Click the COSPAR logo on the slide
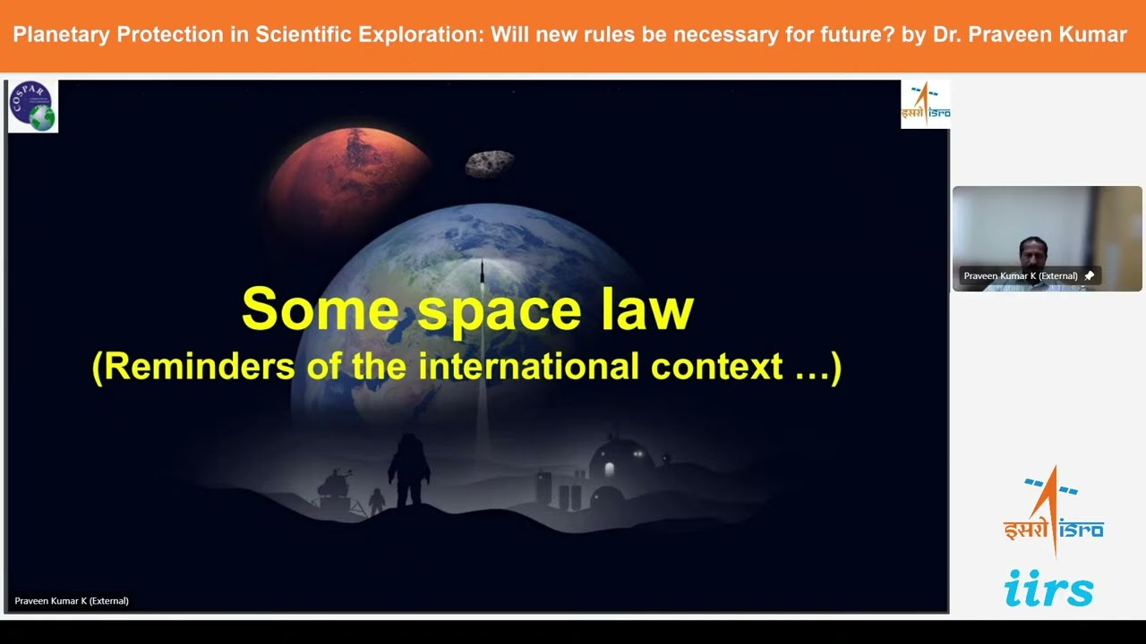click(x=33, y=106)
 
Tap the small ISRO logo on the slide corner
click(x=925, y=105)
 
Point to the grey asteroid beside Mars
click(x=490, y=164)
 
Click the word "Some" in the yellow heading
click(x=320, y=309)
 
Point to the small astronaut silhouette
click(x=377, y=502)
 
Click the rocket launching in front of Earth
click(x=483, y=277)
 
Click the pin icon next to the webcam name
click(x=1089, y=276)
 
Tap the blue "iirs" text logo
click(x=1048, y=589)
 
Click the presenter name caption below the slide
click(x=72, y=601)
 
